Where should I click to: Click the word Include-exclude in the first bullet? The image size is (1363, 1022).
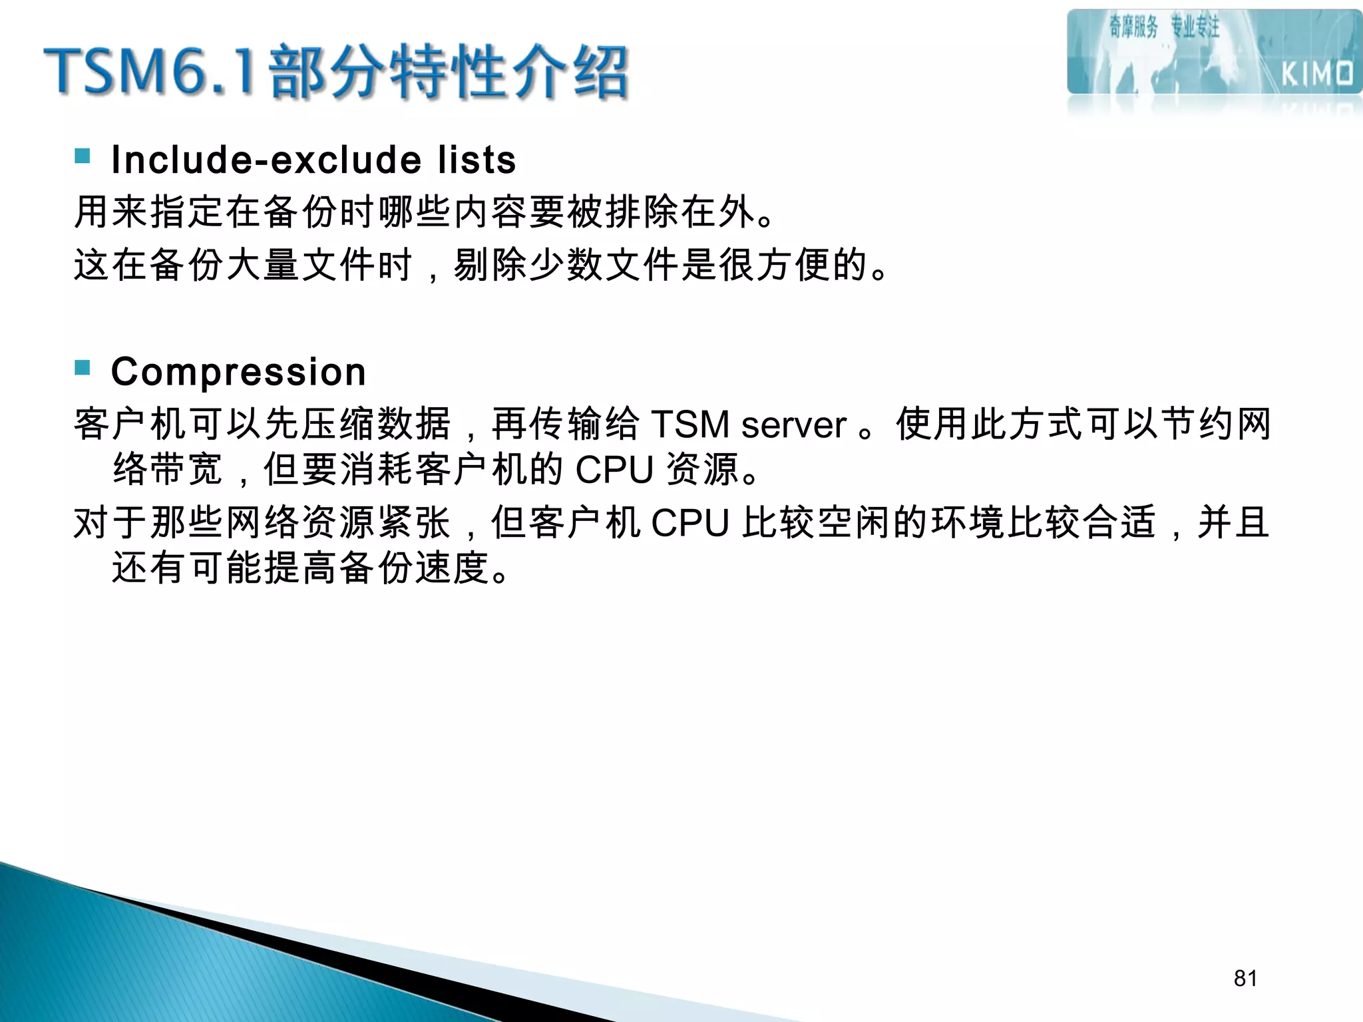pyautogui.click(x=266, y=160)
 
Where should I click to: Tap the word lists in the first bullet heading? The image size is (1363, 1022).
pyautogui.click(x=477, y=160)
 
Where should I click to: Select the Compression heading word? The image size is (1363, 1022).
pyautogui.click(x=238, y=371)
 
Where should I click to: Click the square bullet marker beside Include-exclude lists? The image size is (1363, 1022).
pyautogui.click(x=83, y=156)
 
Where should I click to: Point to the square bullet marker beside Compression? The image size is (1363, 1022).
pyautogui.click(x=83, y=367)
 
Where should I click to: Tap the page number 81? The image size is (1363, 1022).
pyautogui.click(x=1245, y=978)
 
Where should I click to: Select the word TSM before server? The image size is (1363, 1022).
pyautogui.click(x=691, y=425)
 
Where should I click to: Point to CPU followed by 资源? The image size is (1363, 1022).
pyautogui.click(x=614, y=470)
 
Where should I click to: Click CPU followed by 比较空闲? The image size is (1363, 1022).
pyautogui.click(x=690, y=523)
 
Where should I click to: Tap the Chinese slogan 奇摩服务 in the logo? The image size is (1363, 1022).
pyautogui.click(x=1133, y=27)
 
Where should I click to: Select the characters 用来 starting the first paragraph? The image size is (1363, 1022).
pyautogui.click(x=111, y=213)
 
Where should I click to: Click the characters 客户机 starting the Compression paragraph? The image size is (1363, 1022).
pyautogui.click(x=130, y=425)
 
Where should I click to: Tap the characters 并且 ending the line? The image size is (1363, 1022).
pyautogui.click(x=1233, y=523)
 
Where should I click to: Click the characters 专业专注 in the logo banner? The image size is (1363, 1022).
pyautogui.click(x=1195, y=27)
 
